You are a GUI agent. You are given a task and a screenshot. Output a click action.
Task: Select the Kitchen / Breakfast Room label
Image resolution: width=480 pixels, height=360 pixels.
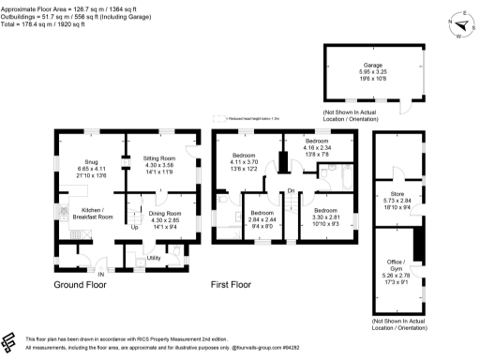[x=94, y=213]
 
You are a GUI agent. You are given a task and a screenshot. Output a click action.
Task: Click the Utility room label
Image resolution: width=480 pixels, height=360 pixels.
[x=155, y=256]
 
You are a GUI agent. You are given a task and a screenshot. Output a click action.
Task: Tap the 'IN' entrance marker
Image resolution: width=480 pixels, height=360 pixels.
[x=114, y=273]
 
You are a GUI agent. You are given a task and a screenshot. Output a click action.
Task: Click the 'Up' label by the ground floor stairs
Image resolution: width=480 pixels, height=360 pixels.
[x=134, y=227]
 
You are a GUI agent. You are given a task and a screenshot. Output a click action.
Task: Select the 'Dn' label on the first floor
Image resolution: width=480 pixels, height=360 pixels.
[x=291, y=190]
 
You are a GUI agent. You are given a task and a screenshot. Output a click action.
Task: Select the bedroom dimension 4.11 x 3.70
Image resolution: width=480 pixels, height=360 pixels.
[x=245, y=163]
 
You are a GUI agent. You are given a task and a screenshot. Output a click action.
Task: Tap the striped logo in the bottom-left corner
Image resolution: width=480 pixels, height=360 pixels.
[x=10, y=341]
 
